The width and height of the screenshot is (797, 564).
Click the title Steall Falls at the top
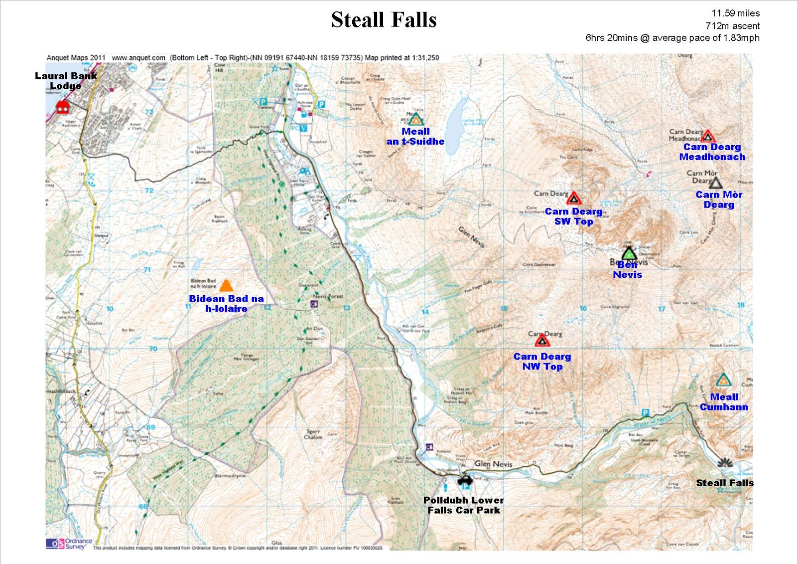(x=384, y=20)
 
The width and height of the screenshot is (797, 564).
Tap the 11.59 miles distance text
(x=735, y=13)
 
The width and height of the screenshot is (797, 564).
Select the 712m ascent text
(x=732, y=26)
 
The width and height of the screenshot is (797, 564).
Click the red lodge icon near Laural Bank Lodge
(x=62, y=107)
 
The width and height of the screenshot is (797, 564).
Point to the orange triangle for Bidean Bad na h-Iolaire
(x=226, y=286)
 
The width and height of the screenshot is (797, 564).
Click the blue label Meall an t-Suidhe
(x=415, y=137)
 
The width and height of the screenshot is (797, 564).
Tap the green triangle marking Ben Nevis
(x=629, y=253)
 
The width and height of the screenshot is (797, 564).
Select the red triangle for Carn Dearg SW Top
(x=574, y=198)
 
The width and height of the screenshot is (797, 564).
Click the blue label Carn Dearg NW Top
(x=542, y=362)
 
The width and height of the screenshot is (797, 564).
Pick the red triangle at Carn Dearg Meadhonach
(x=708, y=136)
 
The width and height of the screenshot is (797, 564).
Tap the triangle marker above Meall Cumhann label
(x=723, y=380)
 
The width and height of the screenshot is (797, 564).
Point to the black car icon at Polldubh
(x=465, y=481)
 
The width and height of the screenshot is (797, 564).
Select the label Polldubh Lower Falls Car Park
(x=463, y=505)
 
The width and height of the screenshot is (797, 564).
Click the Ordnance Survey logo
(x=69, y=544)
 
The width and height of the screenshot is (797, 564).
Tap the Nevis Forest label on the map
(x=328, y=296)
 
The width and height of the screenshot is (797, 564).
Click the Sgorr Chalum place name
(x=313, y=434)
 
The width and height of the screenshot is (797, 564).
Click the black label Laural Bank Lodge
(x=66, y=81)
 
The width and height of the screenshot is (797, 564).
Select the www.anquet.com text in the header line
(x=138, y=58)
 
